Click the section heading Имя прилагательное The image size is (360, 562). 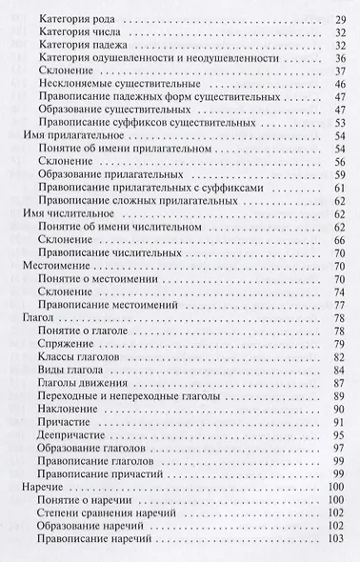click(x=63, y=137)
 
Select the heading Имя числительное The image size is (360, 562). click(x=59, y=216)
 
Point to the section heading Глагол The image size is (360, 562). click(x=36, y=314)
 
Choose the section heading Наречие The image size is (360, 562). click(x=41, y=487)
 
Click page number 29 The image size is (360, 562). click(x=340, y=20)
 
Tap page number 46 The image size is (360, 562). click(x=340, y=84)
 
